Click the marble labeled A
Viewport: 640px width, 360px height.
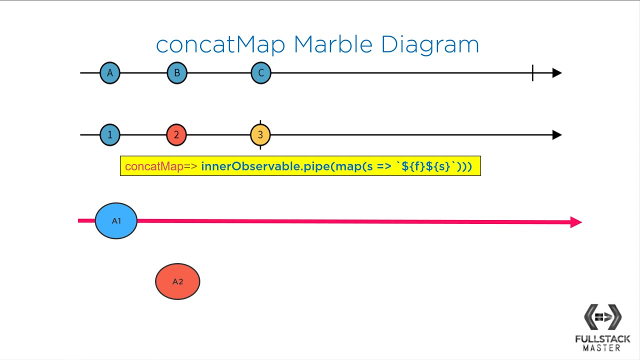pyautogui.click(x=110, y=73)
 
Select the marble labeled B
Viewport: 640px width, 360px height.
pyautogui.click(x=176, y=73)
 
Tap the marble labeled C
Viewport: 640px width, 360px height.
pyautogui.click(x=260, y=73)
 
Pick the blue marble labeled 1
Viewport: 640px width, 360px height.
pyautogui.click(x=110, y=135)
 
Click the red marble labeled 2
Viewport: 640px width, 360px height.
pyautogui.click(x=176, y=135)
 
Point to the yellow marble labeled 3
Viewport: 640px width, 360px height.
pyautogui.click(x=260, y=135)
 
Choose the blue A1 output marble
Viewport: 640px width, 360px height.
pyautogui.click(x=116, y=221)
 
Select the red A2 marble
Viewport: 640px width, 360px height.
pyautogui.click(x=177, y=281)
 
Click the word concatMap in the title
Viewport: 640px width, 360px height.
pyautogui.click(x=220, y=45)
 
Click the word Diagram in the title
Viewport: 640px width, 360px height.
pyautogui.click(x=429, y=45)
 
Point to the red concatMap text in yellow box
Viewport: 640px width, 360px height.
pyautogui.click(x=154, y=166)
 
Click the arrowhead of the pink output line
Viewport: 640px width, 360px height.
pyautogui.click(x=576, y=222)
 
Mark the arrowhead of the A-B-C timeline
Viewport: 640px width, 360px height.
pyautogui.click(x=557, y=73)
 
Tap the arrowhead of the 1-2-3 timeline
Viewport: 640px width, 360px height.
pyautogui.click(x=557, y=135)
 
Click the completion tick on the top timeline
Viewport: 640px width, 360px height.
pyautogui.click(x=532, y=73)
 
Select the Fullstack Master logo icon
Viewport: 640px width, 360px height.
pyautogui.click(x=602, y=317)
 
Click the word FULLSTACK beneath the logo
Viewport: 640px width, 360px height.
pyautogui.click(x=602, y=339)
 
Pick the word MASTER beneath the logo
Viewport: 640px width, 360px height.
pyautogui.click(x=602, y=348)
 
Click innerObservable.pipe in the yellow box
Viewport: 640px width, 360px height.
pyautogui.click(x=265, y=166)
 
